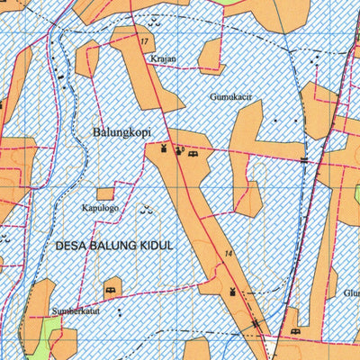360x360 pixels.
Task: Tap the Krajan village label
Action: tap(161, 57)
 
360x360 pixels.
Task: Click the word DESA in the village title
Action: tap(73, 245)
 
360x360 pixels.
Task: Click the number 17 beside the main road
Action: tap(143, 42)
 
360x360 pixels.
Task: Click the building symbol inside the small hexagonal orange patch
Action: tap(112, 289)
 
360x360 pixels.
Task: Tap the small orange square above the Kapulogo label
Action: tap(104, 193)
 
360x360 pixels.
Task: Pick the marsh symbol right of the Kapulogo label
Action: tap(146, 209)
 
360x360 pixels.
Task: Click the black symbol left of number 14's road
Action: tap(232, 291)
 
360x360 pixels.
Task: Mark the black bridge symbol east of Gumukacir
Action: tap(305, 159)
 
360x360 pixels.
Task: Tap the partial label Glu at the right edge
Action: tap(350, 293)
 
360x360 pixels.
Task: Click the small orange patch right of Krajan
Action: tap(209, 56)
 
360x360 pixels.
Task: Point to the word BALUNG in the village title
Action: tap(112, 245)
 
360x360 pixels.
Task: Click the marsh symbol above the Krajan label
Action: tap(154, 26)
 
